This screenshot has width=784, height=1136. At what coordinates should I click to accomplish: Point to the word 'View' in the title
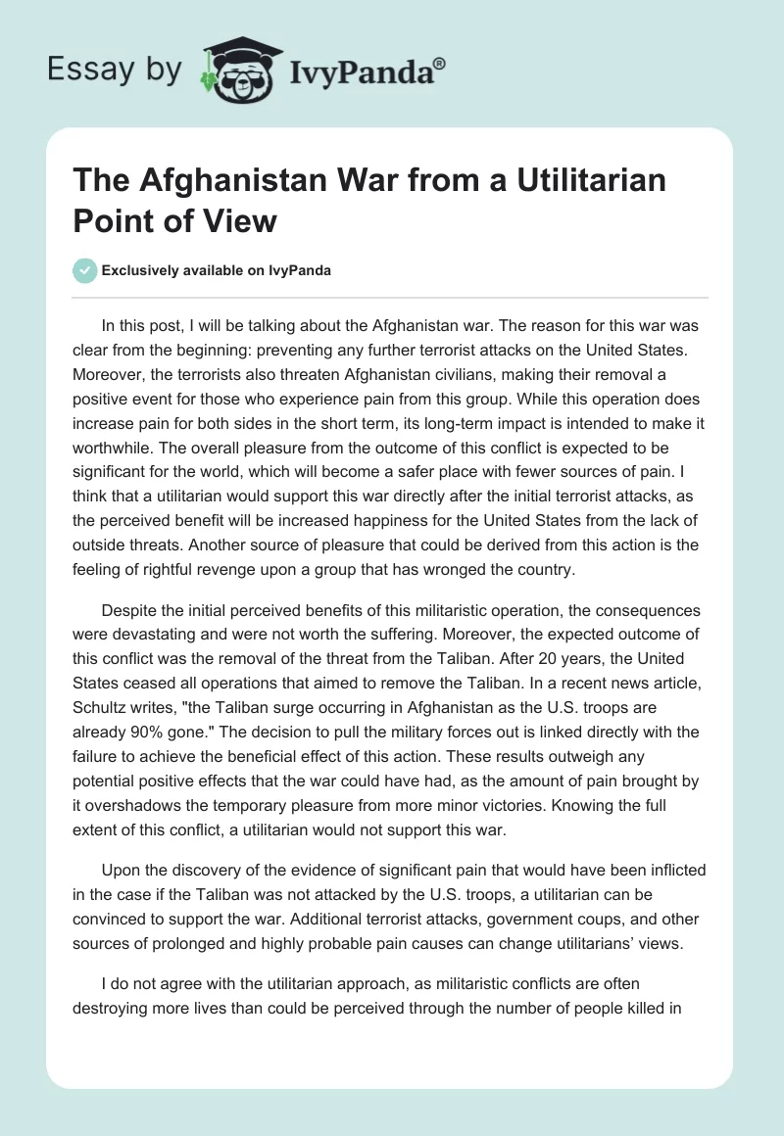[242, 220]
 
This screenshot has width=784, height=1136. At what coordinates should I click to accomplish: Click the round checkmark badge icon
[85, 270]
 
